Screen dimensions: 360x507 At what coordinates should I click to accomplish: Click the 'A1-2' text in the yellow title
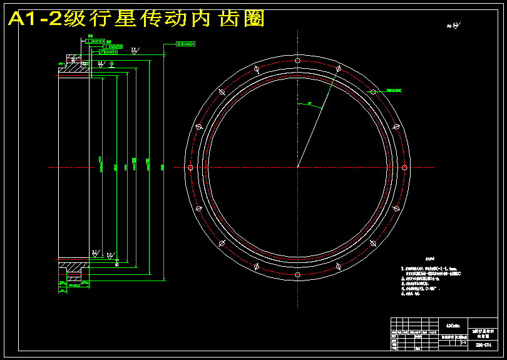coord(34,19)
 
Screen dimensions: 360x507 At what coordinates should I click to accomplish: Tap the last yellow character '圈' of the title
coord(252,19)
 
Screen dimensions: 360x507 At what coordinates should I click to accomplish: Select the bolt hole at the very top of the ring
coord(297,61)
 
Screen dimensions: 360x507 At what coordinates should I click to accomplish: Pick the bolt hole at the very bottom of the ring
coord(297,274)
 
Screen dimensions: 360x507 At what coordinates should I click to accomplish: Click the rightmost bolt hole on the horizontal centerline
coord(404,167)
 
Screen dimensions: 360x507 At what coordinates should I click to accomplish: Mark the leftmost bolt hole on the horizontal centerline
coord(190,167)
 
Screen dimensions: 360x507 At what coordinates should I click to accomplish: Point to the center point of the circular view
coord(297,167)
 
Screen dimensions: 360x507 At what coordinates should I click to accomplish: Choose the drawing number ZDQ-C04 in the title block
coord(483,344)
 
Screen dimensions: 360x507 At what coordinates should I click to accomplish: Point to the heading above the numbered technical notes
coord(429,258)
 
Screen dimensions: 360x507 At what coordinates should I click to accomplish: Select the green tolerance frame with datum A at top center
coord(185,44)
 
